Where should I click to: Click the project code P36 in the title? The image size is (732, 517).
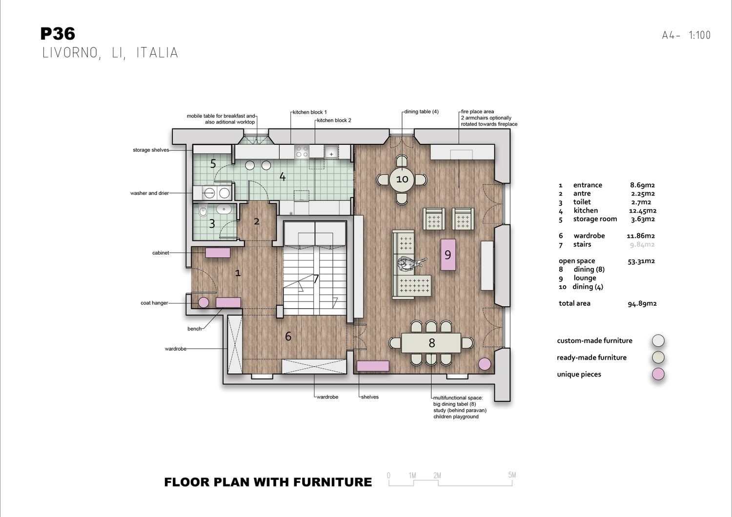(x=58, y=34)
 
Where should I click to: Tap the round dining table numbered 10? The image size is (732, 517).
(x=402, y=179)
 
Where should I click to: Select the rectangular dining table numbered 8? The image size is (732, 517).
(x=431, y=342)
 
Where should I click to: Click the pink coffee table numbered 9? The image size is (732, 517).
(x=448, y=255)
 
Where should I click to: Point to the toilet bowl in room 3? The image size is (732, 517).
(x=203, y=212)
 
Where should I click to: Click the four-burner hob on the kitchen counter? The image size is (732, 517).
(x=302, y=152)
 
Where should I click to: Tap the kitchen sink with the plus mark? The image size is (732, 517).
(x=331, y=152)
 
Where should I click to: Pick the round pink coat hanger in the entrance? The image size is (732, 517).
(x=203, y=302)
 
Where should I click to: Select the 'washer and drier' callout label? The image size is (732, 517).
(x=150, y=193)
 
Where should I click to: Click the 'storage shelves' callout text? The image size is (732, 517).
(x=151, y=150)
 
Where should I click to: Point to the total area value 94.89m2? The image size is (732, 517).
(x=642, y=303)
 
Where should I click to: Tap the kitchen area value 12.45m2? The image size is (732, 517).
(x=643, y=211)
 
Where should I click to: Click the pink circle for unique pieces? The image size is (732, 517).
(x=658, y=374)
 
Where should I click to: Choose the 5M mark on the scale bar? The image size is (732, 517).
(x=512, y=475)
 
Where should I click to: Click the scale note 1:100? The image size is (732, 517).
(x=700, y=35)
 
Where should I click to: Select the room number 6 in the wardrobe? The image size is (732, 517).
(x=288, y=336)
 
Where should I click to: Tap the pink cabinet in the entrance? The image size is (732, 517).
(x=218, y=253)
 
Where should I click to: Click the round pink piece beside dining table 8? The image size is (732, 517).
(x=485, y=364)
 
